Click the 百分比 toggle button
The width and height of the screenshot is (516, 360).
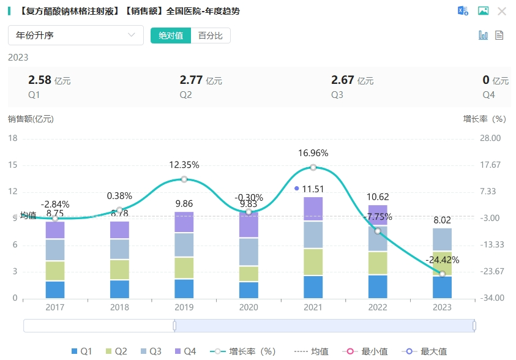tap(211, 36)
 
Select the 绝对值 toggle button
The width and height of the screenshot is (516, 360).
tap(171, 36)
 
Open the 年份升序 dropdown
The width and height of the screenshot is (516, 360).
tap(76, 36)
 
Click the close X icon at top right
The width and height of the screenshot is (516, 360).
tap(502, 11)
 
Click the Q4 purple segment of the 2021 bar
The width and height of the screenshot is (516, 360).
tap(313, 209)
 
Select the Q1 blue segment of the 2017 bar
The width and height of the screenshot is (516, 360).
tap(55, 290)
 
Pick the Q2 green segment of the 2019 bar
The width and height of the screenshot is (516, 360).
tap(184, 268)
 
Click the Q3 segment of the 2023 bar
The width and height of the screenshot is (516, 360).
tap(442, 239)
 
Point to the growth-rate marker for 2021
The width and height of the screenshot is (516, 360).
tap(313, 168)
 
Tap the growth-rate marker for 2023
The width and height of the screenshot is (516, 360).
tap(442, 274)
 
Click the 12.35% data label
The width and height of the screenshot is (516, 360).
tap(184, 165)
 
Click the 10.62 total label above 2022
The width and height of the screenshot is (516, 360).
tap(378, 197)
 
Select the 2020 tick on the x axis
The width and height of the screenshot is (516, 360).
tap(248, 307)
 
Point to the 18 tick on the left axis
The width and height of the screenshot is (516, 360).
tap(13, 138)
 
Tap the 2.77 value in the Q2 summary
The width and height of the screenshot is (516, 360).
tap(191, 80)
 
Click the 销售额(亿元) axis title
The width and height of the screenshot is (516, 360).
tap(31, 119)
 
